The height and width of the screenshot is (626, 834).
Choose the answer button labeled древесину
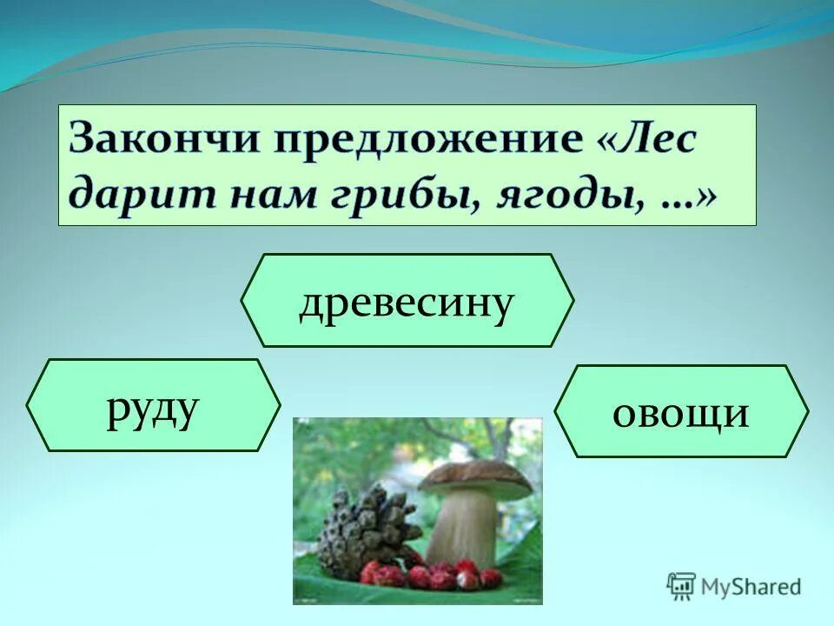coord(407,301)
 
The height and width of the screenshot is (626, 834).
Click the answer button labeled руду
coord(153,405)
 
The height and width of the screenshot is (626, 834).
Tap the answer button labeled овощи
coord(680,411)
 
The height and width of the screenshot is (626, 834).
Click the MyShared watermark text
coord(751,587)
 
